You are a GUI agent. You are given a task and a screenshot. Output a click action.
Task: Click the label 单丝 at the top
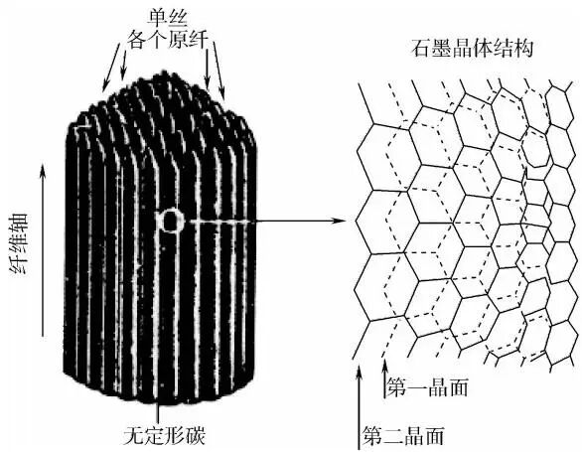pos(169,17)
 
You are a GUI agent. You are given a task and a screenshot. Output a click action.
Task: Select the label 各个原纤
pos(168,39)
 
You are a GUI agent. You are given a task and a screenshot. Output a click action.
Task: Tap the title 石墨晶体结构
pos(472,48)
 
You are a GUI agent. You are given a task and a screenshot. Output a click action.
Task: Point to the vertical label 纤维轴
pos(19,243)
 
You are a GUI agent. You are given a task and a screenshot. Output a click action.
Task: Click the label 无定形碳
pos(165,435)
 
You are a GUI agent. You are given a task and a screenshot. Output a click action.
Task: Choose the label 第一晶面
pos(428,387)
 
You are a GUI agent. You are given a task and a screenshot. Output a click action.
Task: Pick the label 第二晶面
pos(403,436)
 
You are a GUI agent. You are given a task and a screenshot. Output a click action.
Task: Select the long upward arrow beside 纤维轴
pos(43,249)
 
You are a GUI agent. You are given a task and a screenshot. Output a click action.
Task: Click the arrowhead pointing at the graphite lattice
pos(340,221)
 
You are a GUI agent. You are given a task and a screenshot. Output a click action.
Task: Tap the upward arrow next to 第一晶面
pos(385,378)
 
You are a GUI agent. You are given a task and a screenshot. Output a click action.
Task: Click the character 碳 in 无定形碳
pos(196,435)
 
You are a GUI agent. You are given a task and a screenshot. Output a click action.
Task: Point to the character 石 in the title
pos(421,48)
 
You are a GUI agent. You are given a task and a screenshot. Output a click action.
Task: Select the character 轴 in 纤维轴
pos(19,223)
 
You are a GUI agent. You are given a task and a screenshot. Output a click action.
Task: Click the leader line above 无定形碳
pos(158,412)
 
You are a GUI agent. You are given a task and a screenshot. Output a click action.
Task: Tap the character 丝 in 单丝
pos(179,17)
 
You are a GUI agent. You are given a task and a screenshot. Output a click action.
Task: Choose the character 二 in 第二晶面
pos(393,436)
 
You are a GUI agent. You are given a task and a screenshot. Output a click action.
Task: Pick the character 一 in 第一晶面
pos(417,387)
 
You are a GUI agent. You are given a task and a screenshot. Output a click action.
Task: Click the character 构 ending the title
pos(523,48)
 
